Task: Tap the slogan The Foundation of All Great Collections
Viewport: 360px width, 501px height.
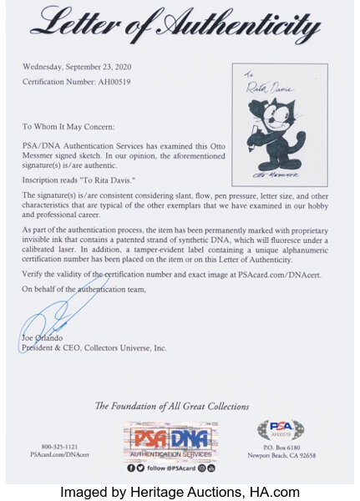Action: point(172,407)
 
